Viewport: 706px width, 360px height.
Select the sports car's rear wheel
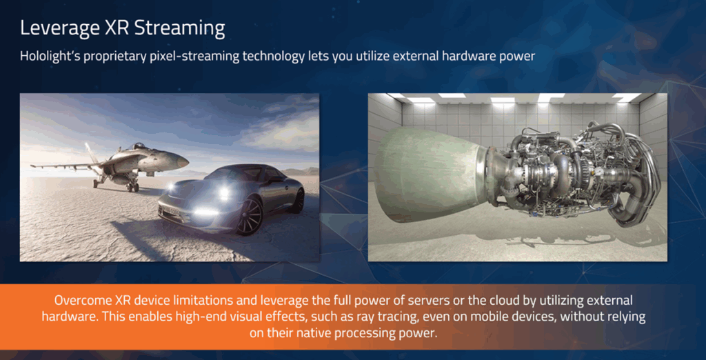click(298, 201)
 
